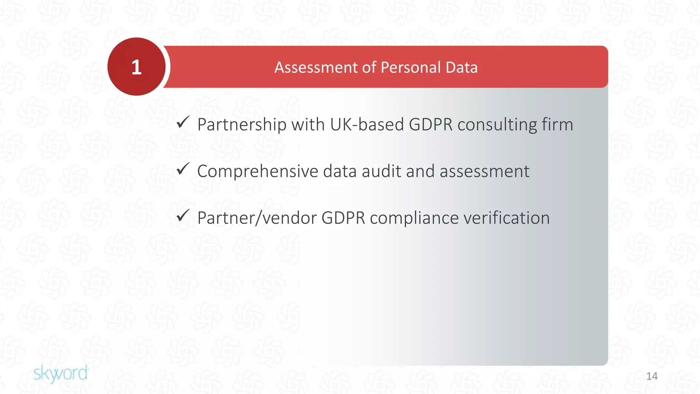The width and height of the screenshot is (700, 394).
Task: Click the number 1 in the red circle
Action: (x=136, y=67)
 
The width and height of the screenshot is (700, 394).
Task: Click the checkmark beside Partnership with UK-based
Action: (x=183, y=122)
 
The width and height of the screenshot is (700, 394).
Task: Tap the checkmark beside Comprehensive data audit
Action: (x=183, y=169)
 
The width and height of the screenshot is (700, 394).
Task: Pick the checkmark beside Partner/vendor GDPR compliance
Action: (x=183, y=216)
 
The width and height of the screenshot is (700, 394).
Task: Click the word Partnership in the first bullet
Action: (x=242, y=124)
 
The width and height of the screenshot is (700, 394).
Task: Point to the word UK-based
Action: (x=367, y=124)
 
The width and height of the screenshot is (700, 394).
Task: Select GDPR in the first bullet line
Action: (x=431, y=124)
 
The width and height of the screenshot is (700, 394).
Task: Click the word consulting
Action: (x=497, y=124)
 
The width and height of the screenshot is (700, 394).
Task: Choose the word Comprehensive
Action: (x=258, y=171)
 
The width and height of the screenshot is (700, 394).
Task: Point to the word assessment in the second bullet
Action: (x=484, y=171)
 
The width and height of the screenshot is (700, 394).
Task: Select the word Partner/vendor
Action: (x=257, y=218)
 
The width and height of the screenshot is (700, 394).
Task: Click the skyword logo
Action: (x=61, y=373)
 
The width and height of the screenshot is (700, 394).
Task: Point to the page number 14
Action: (x=652, y=376)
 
